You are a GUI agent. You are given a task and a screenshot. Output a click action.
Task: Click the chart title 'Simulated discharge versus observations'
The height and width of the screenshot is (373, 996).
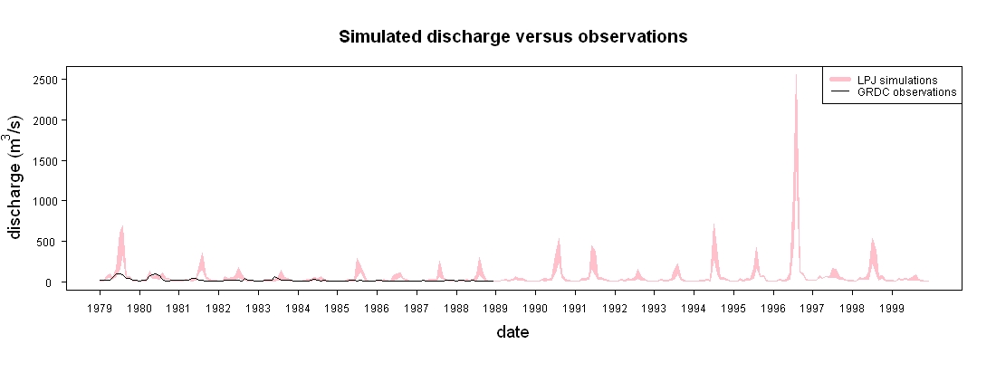point(512,37)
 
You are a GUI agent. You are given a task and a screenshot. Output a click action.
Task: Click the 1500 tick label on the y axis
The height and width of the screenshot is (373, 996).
point(48,161)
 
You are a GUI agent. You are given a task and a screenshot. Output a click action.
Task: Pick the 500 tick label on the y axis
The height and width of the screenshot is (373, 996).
point(51,242)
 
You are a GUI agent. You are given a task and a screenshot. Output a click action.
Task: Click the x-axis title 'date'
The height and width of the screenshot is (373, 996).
point(512,331)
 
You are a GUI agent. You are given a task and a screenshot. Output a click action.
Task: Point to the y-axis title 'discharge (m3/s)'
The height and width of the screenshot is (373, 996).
point(16,177)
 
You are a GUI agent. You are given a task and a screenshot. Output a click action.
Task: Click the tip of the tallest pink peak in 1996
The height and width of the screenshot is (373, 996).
point(796,75)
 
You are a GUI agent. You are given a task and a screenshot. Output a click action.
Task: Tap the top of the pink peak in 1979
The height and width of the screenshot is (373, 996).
point(122,225)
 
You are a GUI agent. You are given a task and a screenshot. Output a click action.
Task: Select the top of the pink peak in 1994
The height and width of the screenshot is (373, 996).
point(714,224)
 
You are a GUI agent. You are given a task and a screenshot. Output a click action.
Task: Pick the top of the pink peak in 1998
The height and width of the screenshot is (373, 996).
point(873,239)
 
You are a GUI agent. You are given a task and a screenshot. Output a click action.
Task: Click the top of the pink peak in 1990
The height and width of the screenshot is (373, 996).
point(559,238)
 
